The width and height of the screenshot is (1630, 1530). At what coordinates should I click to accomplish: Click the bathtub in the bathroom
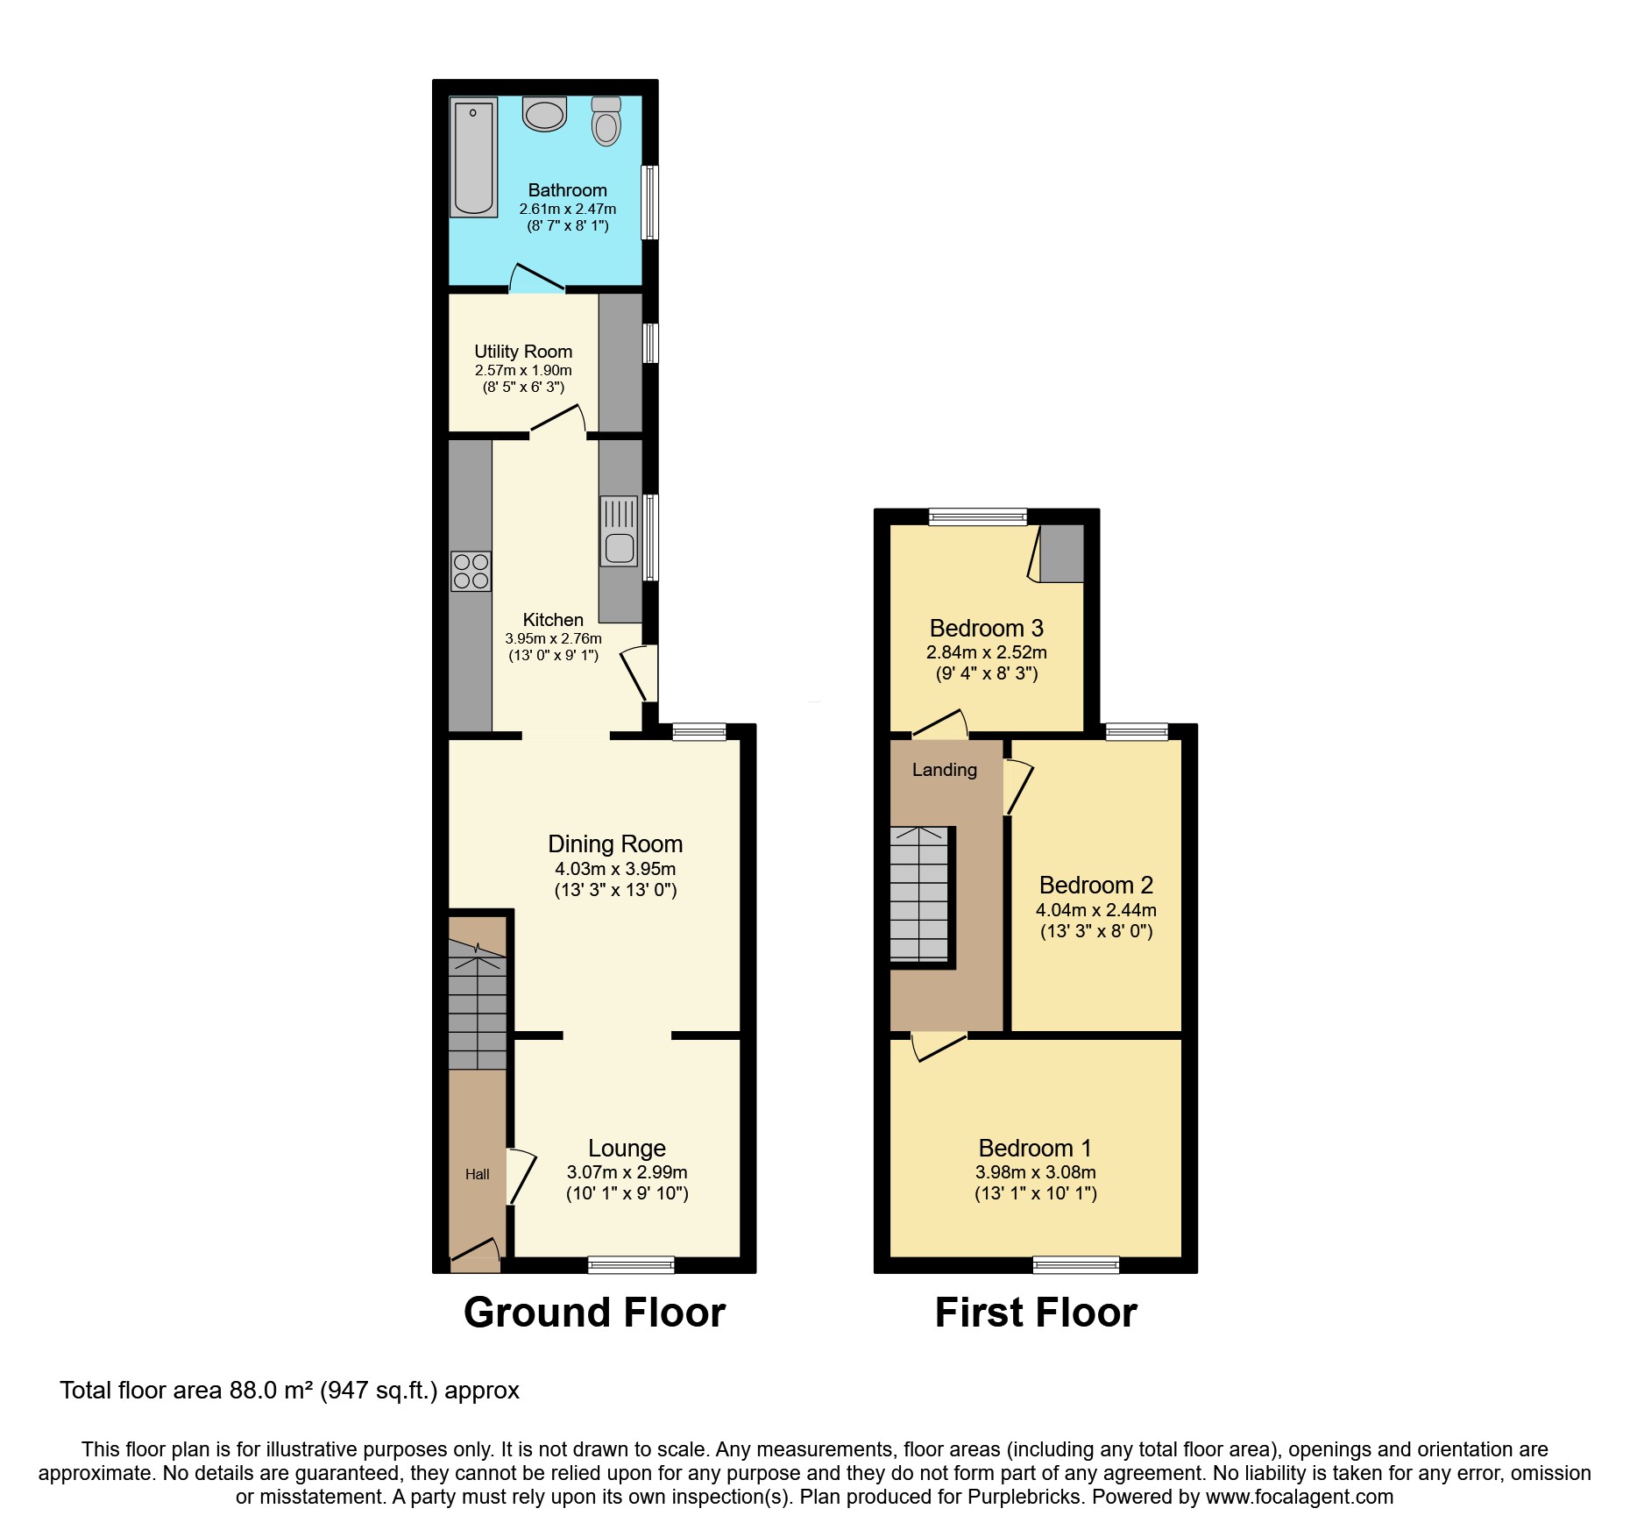pos(473,158)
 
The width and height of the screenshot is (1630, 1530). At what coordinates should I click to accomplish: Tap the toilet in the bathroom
pos(606,122)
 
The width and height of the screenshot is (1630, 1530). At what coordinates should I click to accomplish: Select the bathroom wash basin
pos(544,115)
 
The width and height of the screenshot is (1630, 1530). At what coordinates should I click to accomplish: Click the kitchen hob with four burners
pos(471,571)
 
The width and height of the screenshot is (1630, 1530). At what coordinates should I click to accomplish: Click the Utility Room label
pos(523,352)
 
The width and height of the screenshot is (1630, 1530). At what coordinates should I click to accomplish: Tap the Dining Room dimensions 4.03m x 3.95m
pos(615,869)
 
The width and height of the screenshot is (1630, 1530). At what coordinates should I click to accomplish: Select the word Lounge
pos(627,1148)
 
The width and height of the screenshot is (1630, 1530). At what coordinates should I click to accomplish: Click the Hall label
pos(477,1174)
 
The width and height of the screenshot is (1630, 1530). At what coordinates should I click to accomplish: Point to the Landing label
pos(944,770)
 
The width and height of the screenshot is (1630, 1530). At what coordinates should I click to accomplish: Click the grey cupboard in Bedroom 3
pos(1061,553)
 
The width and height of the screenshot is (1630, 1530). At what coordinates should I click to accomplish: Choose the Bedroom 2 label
pos(1095,885)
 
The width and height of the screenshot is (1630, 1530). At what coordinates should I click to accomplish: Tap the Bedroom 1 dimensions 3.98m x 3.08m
pos(1035,1172)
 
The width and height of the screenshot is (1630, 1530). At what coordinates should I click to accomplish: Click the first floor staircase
pos(919,894)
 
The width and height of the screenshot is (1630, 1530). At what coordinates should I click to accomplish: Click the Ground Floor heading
pos(594,1313)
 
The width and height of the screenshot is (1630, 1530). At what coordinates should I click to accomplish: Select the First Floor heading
pos(1035,1313)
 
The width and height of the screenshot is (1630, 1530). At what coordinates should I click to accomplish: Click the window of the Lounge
pos(631,1263)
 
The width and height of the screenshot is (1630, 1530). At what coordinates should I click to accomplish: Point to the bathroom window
pos(649,203)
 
